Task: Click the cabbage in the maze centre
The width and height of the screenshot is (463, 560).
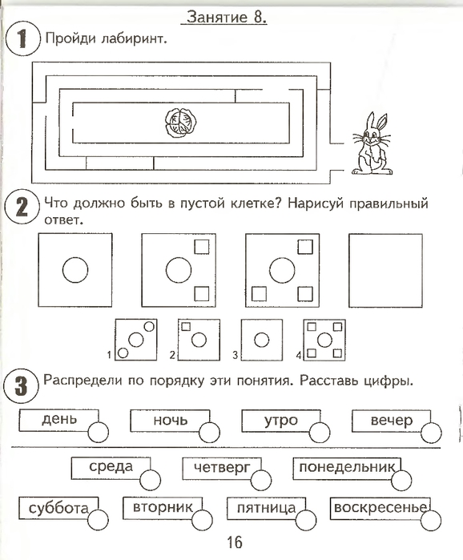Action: [x=180, y=123]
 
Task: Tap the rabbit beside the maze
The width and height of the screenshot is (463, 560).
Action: [x=372, y=143]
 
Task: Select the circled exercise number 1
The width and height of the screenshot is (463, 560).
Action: [x=22, y=38]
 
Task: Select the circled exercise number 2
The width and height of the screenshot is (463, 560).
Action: [x=22, y=207]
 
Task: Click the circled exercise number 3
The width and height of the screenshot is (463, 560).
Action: [x=21, y=385]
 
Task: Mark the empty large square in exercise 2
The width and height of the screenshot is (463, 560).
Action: [x=385, y=270]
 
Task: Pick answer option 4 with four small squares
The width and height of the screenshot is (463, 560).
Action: [x=324, y=340]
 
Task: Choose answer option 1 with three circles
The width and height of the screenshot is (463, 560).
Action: [x=136, y=340]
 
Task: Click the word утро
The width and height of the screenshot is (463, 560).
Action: [x=281, y=420]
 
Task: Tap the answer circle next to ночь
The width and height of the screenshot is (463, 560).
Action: [x=209, y=433]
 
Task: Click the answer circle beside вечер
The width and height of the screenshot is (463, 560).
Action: [x=431, y=433]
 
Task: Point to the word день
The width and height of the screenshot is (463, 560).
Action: [x=59, y=418]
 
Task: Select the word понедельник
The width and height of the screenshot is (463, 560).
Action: [x=347, y=467]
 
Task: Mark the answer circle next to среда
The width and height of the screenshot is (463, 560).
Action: [x=151, y=480]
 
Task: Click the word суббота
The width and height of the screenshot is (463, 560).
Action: [x=58, y=508]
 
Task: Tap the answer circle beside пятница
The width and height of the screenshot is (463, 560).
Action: [x=306, y=520]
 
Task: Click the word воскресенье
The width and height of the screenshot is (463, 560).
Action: [x=380, y=507]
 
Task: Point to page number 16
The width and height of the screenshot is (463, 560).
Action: [x=235, y=542]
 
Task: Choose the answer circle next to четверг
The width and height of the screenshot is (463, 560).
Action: [x=261, y=480]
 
